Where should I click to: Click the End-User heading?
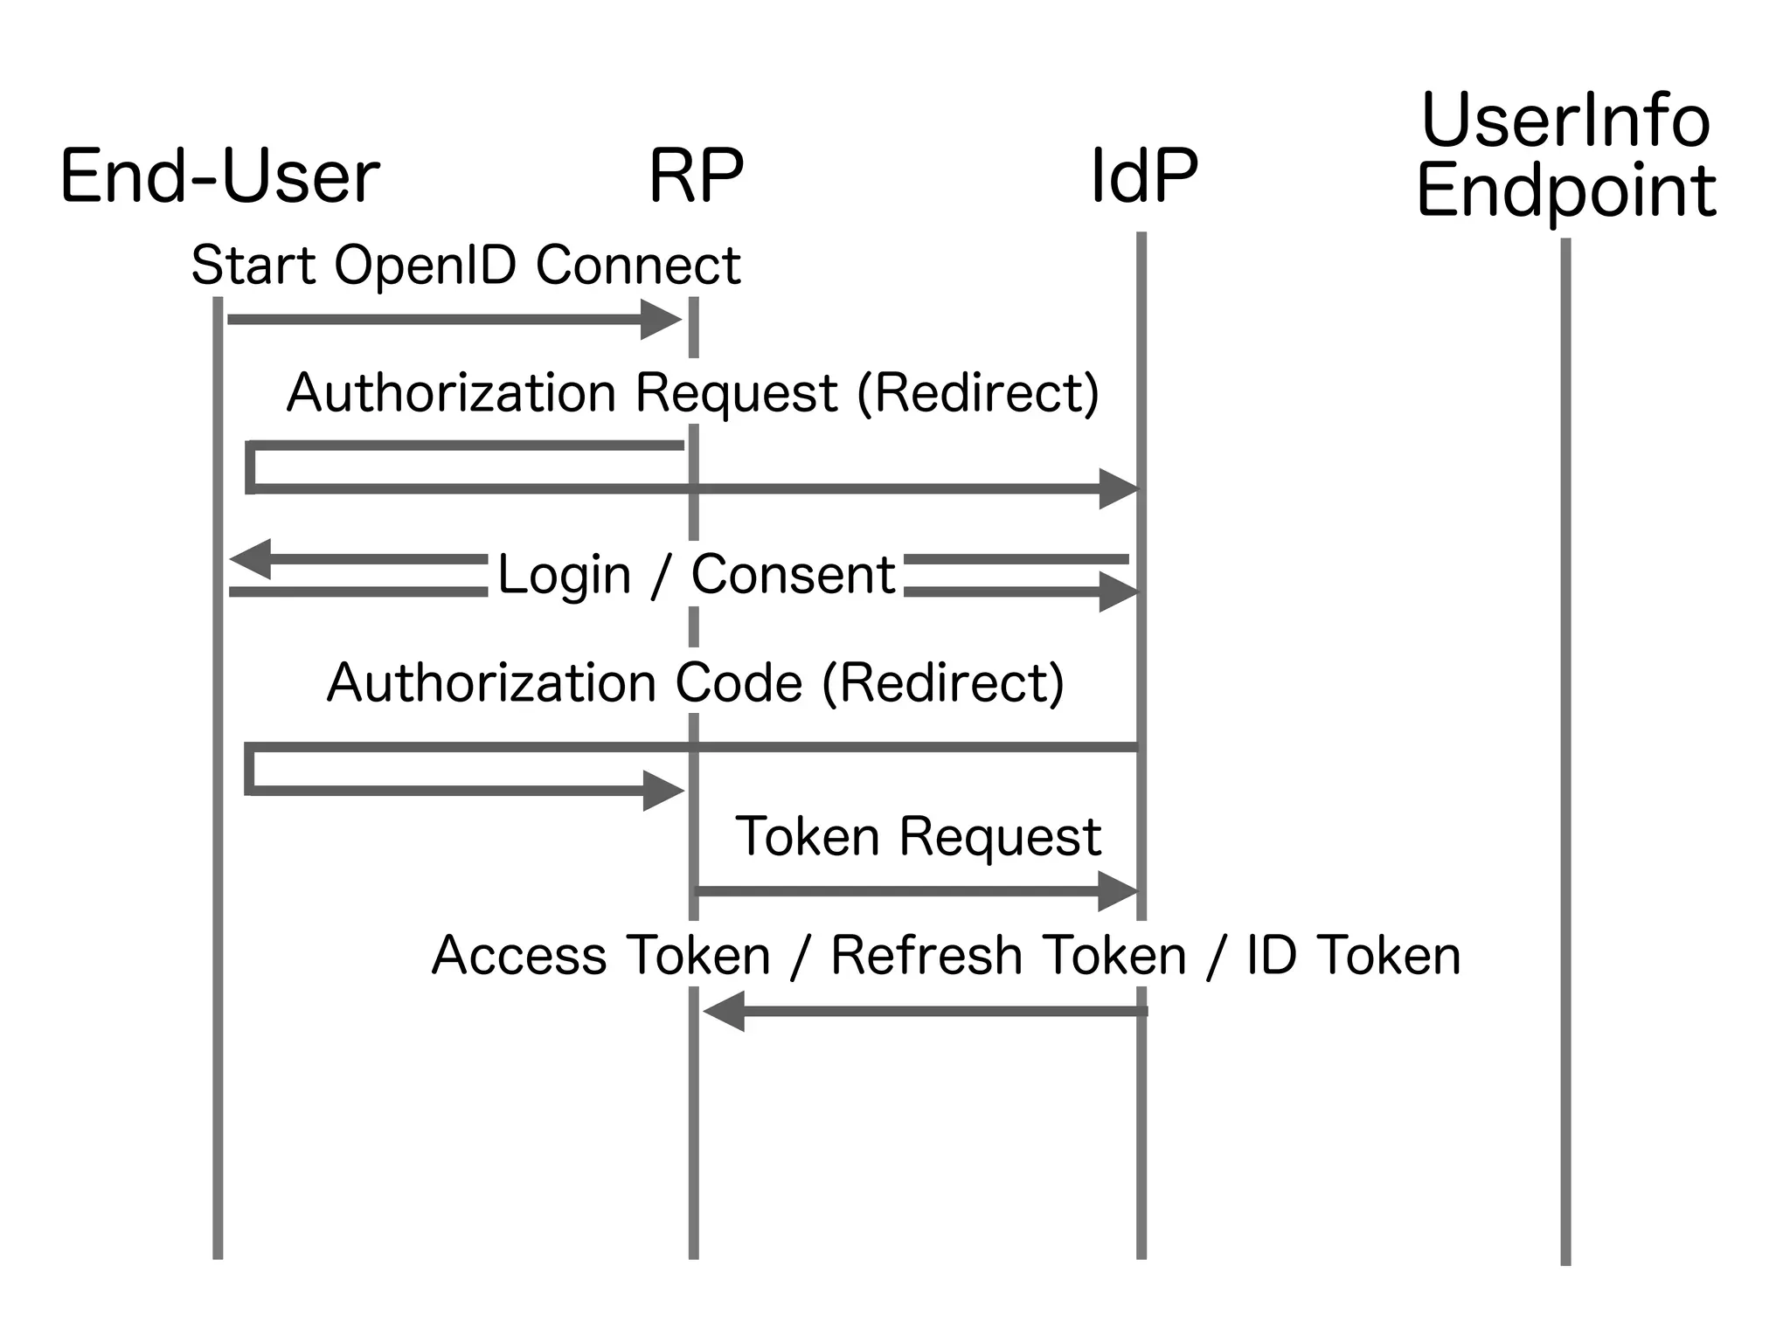[219, 177]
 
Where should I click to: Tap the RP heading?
[696, 177]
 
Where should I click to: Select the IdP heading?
[1144, 177]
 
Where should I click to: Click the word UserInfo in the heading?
[1565, 121]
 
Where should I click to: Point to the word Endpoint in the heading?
[1565, 191]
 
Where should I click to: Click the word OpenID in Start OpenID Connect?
[426, 265]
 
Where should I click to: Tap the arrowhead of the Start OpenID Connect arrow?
[662, 320]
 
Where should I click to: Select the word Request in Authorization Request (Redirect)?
[736, 392]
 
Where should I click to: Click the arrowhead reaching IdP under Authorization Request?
[1118, 488]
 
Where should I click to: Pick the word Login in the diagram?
[564, 576]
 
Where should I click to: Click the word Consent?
[793, 575]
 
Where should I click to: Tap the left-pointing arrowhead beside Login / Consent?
[250, 559]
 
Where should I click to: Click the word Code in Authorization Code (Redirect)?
[739, 682]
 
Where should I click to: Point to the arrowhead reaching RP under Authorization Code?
[663, 791]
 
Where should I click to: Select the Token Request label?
[918, 836]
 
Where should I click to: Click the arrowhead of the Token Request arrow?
[1118, 892]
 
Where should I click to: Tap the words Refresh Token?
[1009, 955]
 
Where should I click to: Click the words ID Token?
[1353, 955]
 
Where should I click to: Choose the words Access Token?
[600, 955]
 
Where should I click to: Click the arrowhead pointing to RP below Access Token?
[724, 1012]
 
